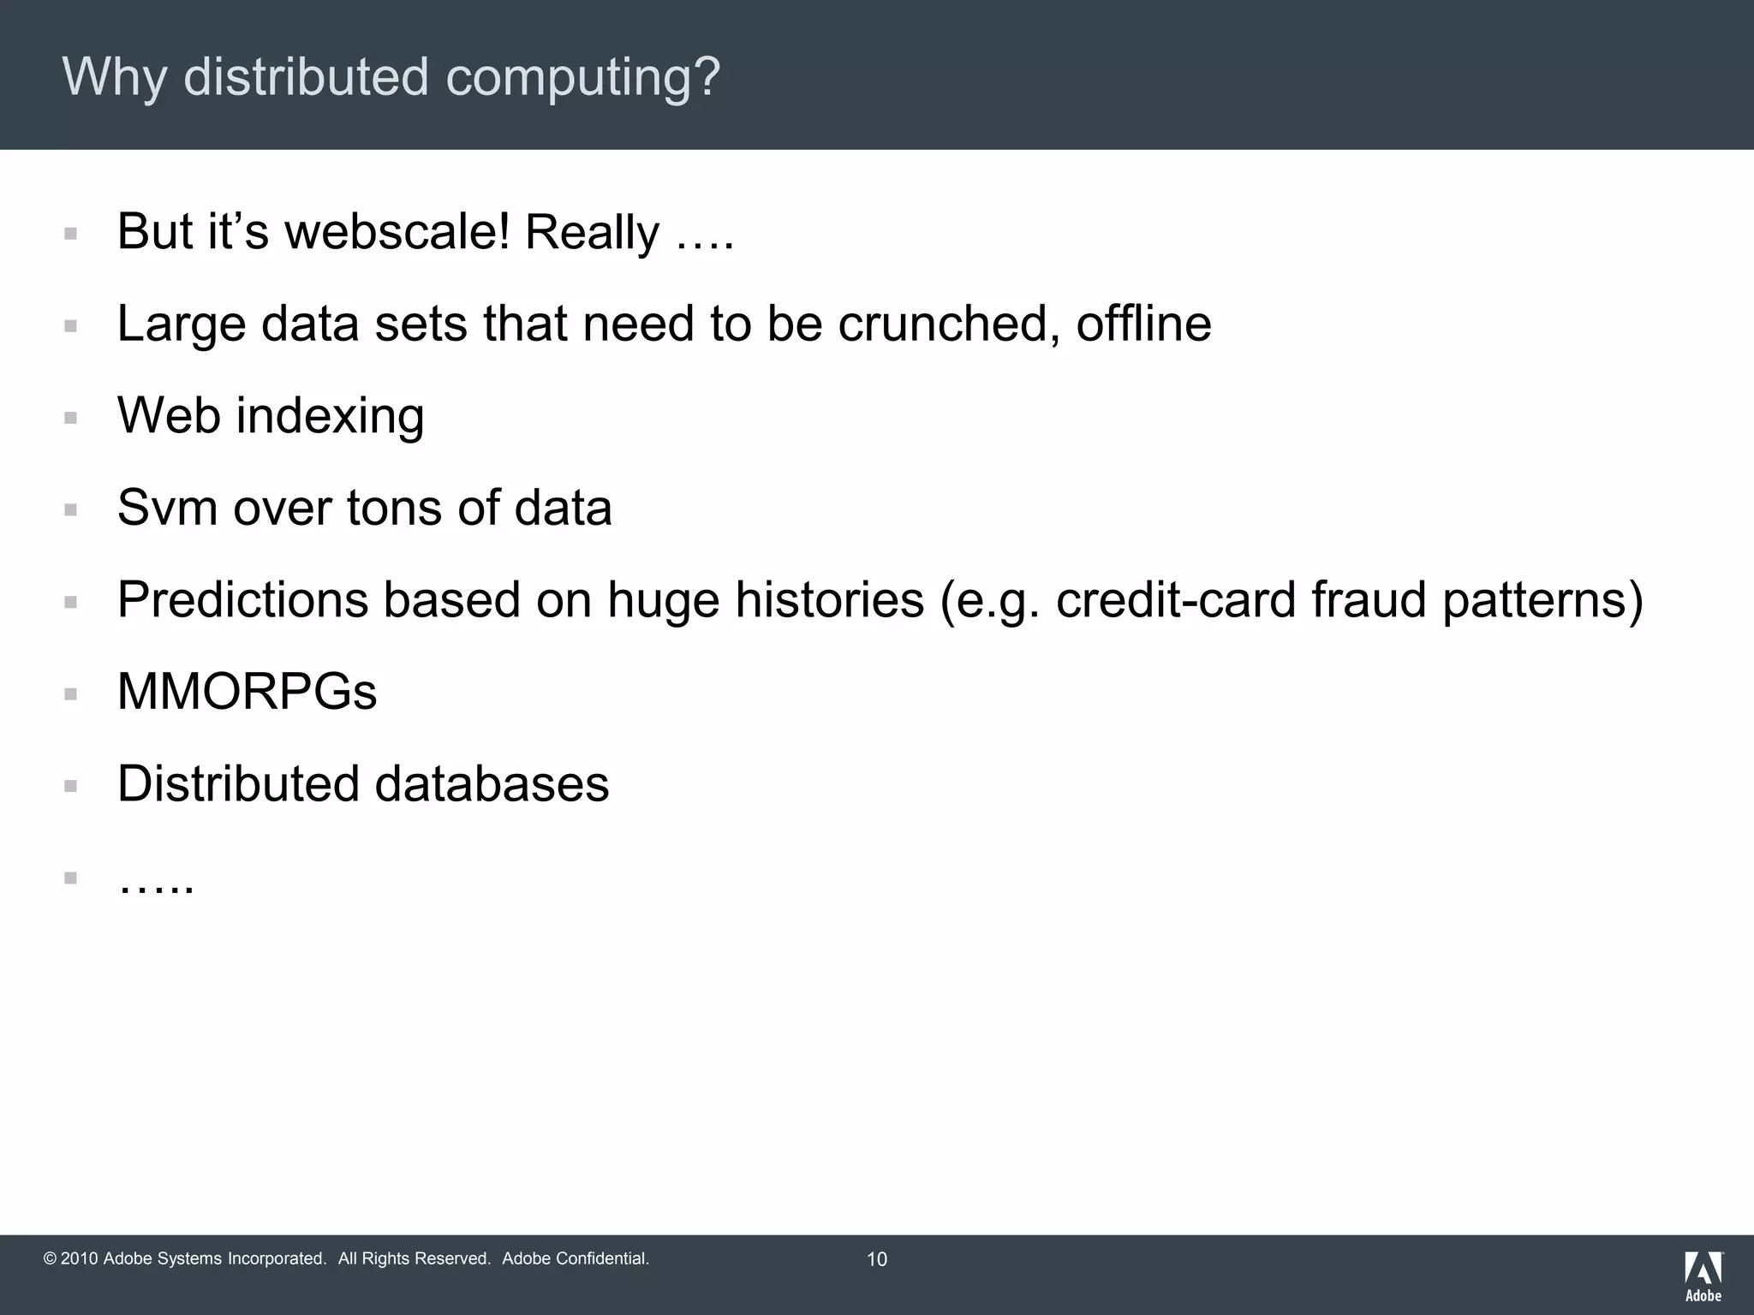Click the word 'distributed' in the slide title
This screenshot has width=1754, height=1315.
point(305,77)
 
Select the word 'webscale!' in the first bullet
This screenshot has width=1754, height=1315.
point(397,231)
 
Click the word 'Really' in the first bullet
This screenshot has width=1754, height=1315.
point(592,233)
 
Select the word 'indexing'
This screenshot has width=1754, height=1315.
point(330,417)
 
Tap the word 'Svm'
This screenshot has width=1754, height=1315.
point(167,508)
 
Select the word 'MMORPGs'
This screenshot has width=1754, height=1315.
point(247,692)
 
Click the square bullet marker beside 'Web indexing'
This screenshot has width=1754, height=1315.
point(71,418)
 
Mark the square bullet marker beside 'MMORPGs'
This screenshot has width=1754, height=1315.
point(71,693)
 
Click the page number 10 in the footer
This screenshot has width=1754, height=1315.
point(877,1259)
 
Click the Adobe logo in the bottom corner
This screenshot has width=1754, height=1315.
point(1703,1276)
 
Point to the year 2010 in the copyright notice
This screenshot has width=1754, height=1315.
point(80,1258)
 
